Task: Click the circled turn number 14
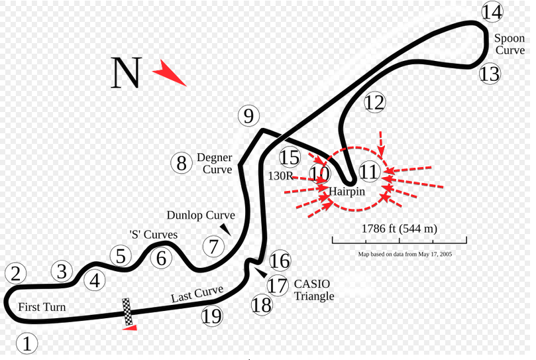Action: coord(492,12)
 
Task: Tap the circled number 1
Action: coord(27,343)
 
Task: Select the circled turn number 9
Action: coord(248,115)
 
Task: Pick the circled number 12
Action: coord(374,102)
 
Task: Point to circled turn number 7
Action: coord(213,247)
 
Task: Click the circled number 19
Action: coord(212,316)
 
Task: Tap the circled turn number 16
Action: coord(280,261)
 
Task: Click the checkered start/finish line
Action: coord(127,312)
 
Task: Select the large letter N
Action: coord(126,72)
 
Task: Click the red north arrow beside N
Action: coord(169,73)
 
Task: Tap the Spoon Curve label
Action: coord(509,44)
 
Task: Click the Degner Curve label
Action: coord(215,163)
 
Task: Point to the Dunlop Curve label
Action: coord(201,215)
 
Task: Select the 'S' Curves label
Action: coord(154,235)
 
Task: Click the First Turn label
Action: coord(42,307)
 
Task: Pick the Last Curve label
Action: coord(197,294)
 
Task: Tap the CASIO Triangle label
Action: coord(314,290)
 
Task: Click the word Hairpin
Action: coord(347,192)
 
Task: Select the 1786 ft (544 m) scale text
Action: coord(400,229)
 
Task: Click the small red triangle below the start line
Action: coord(130,328)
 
